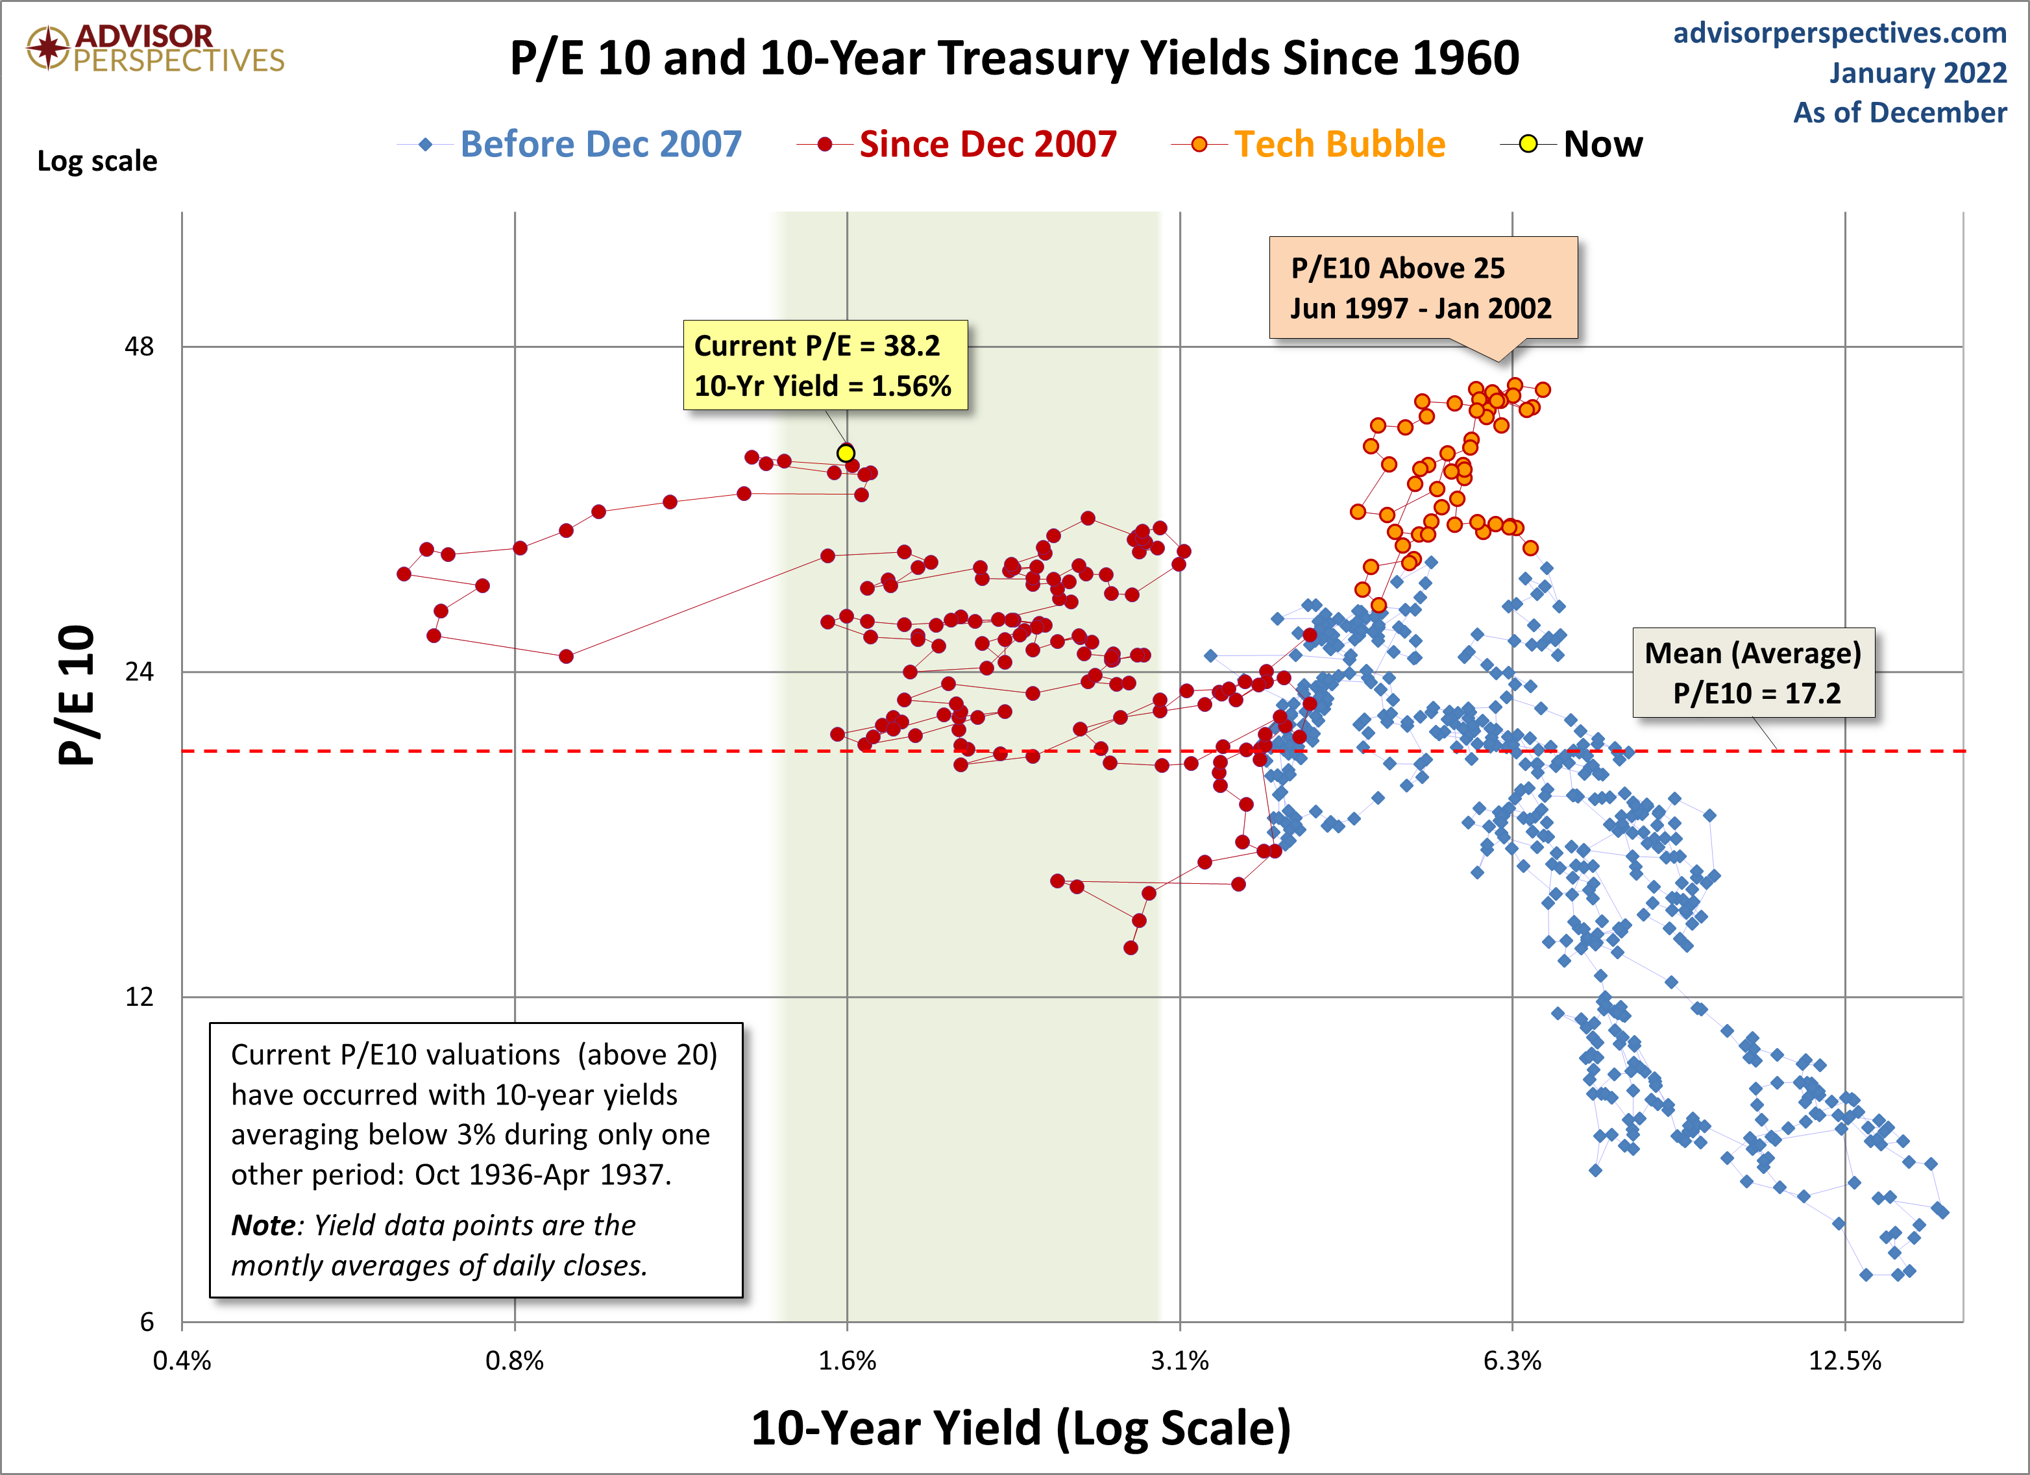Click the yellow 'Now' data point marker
846,453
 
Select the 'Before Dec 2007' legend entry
570,144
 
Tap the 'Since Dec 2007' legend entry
957,144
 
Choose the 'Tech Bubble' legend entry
1308,144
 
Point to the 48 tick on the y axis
140,347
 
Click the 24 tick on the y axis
140,671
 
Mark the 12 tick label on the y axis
140,996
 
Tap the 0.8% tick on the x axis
515,1360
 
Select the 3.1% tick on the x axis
1180,1360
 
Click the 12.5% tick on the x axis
1845,1360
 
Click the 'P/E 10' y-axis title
76,694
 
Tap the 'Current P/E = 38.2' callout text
817,345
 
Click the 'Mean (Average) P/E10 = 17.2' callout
1754,673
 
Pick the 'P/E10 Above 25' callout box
1423,287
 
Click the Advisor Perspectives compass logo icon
47,47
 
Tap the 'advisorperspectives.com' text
1840,32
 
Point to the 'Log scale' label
97,161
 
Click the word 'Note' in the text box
263,1225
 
